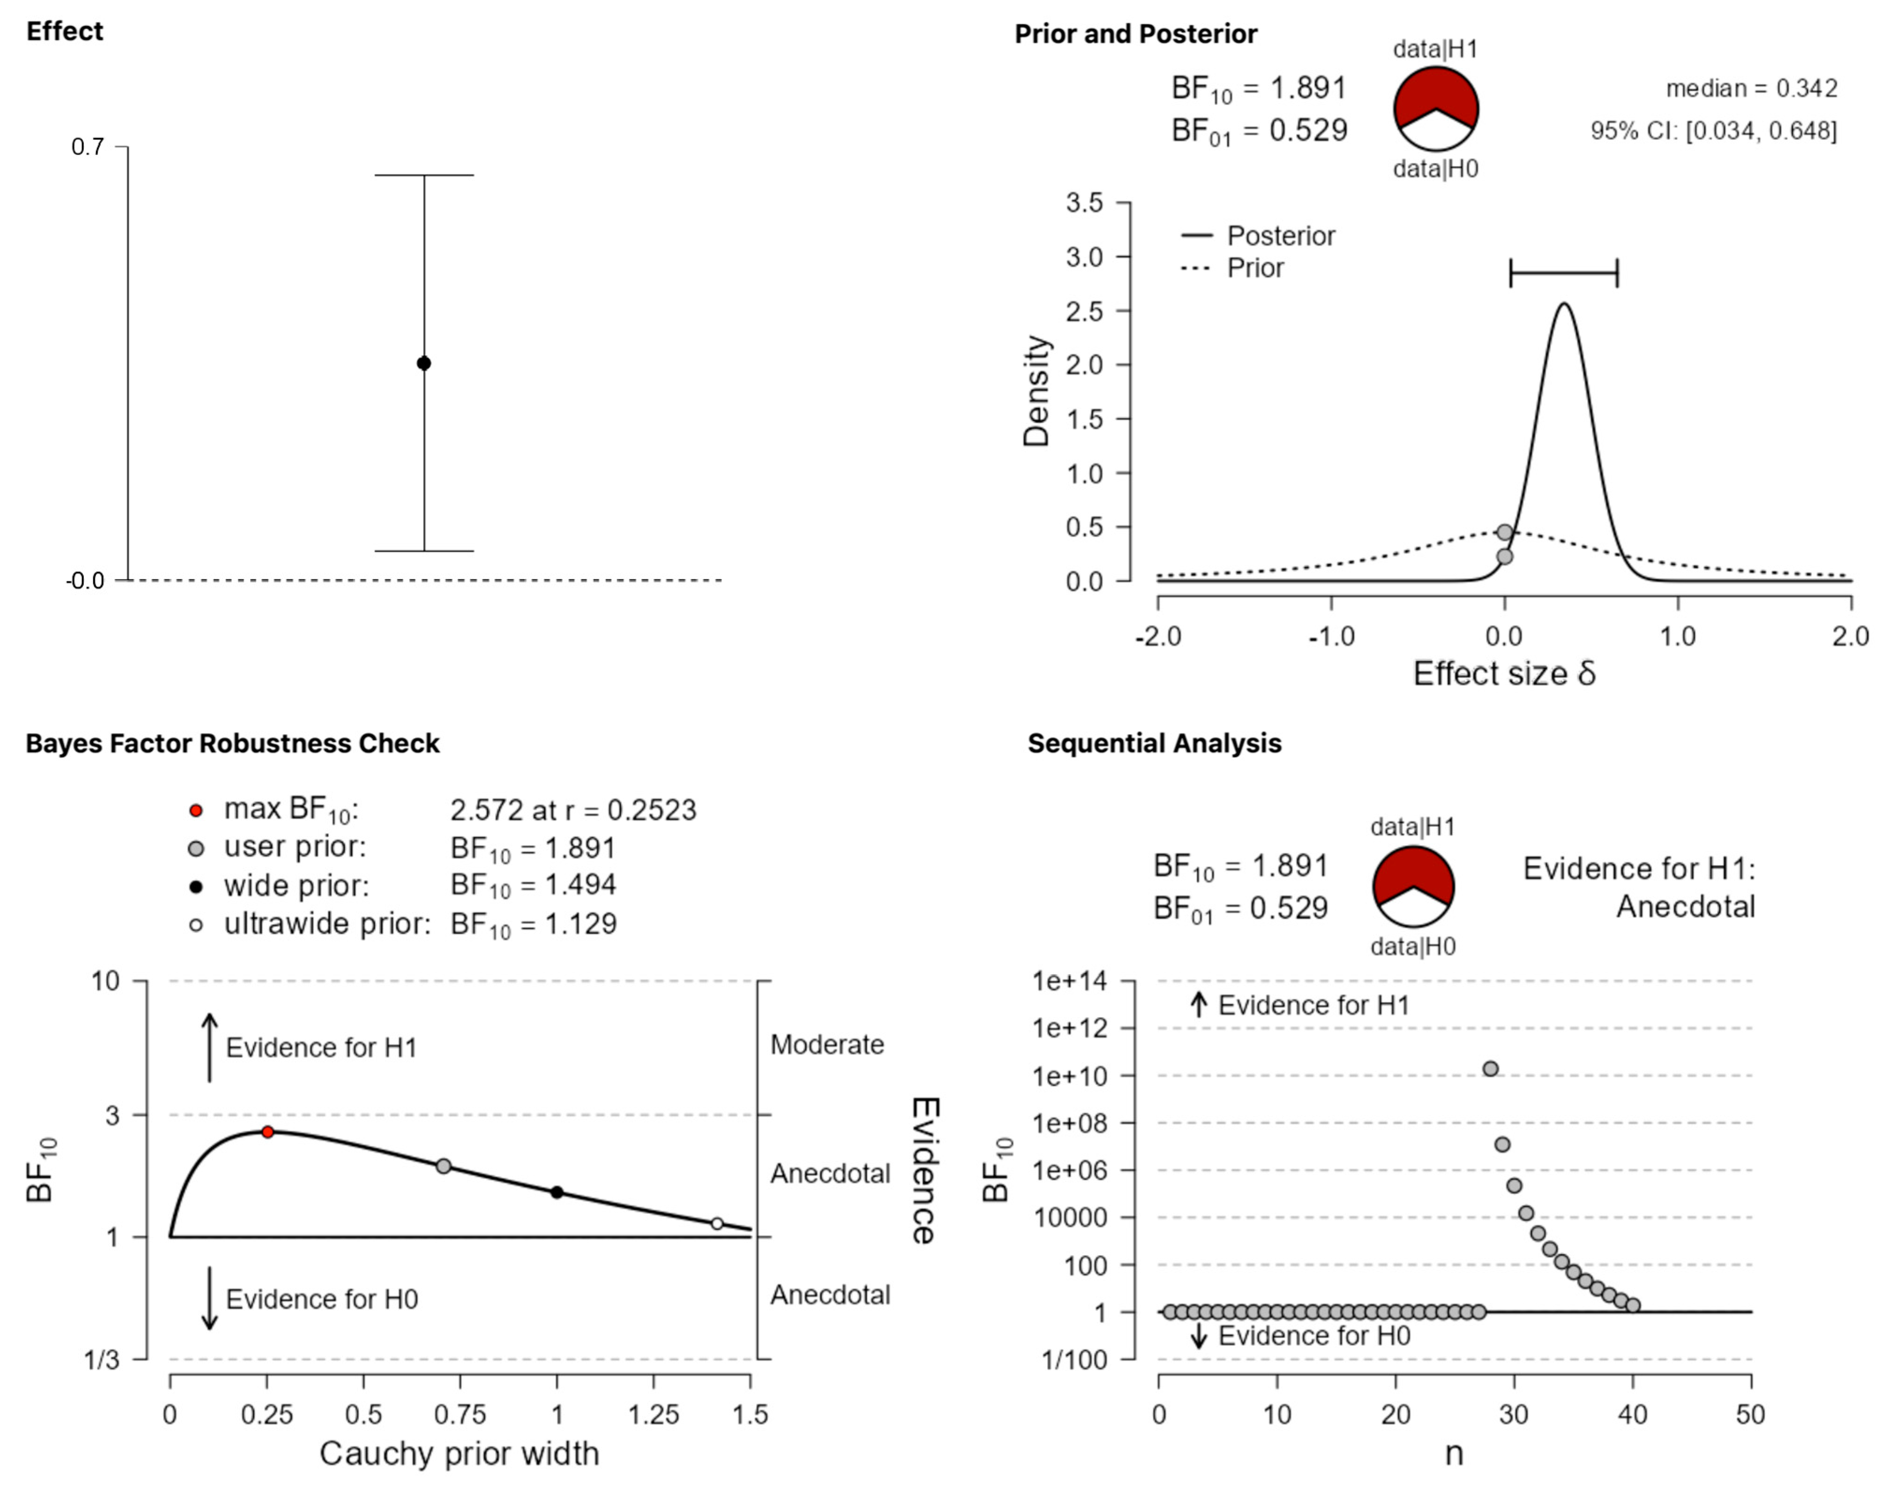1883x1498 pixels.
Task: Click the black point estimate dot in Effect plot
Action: pyautogui.click(x=424, y=364)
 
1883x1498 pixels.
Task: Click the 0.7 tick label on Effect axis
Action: pyautogui.click(x=87, y=147)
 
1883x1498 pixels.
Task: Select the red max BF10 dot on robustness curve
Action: pyautogui.click(x=268, y=1132)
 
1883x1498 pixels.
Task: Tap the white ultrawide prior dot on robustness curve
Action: pyautogui.click(x=717, y=1224)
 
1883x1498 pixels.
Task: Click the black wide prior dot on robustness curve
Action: pyautogui.click(x=557, y=1193)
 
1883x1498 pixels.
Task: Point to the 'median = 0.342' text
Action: pyautogui.click(x=1751, y=88)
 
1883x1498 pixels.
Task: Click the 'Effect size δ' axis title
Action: pyautogui.click(x=1504, y=673)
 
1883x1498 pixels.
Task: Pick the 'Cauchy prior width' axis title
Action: pyautogui.click(x=459, y=1454)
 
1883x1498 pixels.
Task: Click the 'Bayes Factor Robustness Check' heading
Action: pyautogui.click(x=232, y=743)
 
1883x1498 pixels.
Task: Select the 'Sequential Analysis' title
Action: pyautogui.click(x=1154, y=743)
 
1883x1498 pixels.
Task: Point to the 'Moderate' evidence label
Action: pyautogui.click(x=827, y=1045)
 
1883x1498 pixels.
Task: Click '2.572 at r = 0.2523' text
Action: pyautogui.click(x=573, y=811)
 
